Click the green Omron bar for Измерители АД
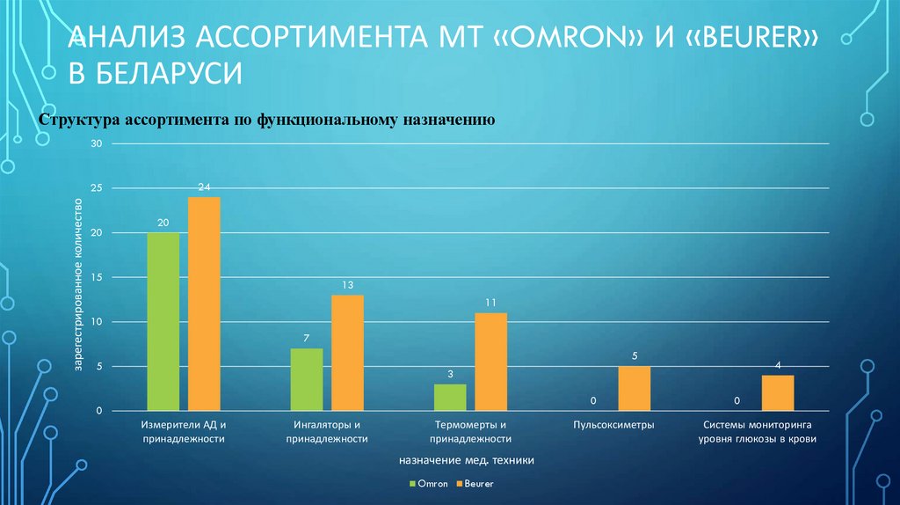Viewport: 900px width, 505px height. (x=163, y=321)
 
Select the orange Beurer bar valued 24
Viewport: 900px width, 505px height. (x=204, y=304)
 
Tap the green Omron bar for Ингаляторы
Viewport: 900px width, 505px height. (x=306, y=379)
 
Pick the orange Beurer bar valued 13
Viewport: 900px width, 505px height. (x=347, y=353)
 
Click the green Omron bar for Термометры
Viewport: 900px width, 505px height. (x=450, y=397)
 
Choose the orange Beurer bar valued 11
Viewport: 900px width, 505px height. (x=491, y=362)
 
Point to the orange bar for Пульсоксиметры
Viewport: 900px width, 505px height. (x=635, y=388)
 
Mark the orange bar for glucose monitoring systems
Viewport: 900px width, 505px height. (x=778, y=392)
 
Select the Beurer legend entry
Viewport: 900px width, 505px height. (x=475, y=483)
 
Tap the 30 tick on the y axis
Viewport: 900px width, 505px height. (x=97, y=144)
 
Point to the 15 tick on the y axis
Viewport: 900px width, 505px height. (x=97, y=278)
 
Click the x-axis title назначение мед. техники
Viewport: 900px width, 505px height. (x=466, y=459)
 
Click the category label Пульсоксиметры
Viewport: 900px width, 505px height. (x=614, y=424)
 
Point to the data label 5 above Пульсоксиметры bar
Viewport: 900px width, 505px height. (x=635, y=356)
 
